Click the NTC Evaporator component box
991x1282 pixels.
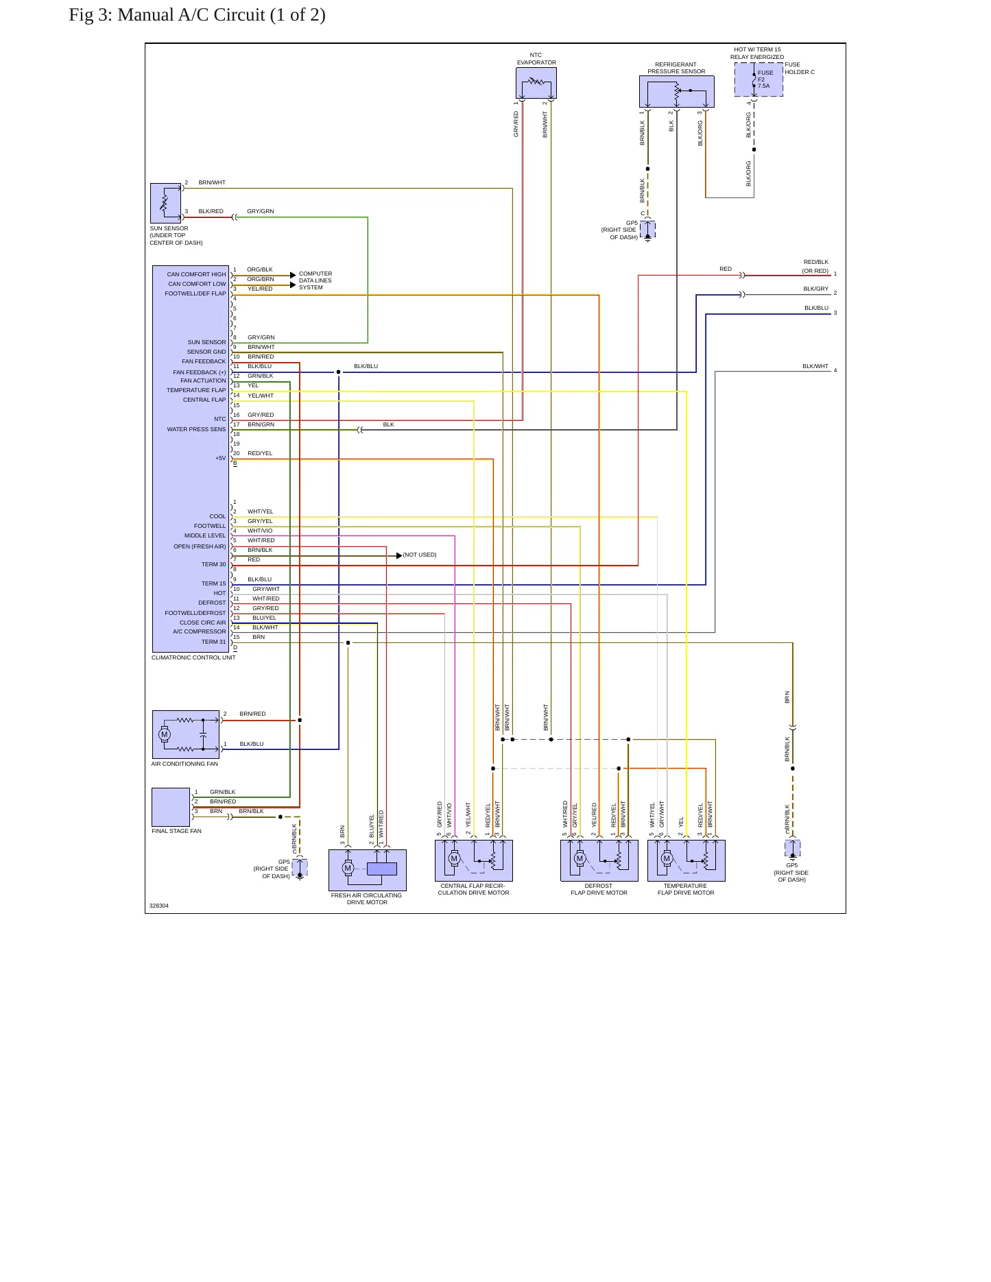coord(536,84)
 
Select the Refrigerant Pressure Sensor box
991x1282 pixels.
coord(676,91)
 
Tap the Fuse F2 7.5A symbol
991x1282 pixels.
coord(754,80)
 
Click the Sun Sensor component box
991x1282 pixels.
coord(166,204)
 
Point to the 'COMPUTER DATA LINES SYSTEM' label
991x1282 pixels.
coord(315,280)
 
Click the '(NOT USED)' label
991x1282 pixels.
coord(420,555)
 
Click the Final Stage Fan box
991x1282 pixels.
coord(171,807)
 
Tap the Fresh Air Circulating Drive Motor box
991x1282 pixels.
coord(368,870)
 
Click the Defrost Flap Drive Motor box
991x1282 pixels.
coord(599,860)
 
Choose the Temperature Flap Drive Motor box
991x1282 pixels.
coord(686,860)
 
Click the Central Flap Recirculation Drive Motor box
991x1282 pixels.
coord(474,860)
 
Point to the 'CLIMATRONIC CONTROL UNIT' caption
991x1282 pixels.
coord(193,657)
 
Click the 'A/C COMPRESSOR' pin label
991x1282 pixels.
coord(199,631)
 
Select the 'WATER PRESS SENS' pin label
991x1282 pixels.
coord(196,429)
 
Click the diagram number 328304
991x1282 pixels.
coord(159,906)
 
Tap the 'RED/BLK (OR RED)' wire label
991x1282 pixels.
coord(815,267)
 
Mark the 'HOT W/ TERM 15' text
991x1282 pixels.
coord(757,49)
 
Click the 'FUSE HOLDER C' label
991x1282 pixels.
coord(800,68)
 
